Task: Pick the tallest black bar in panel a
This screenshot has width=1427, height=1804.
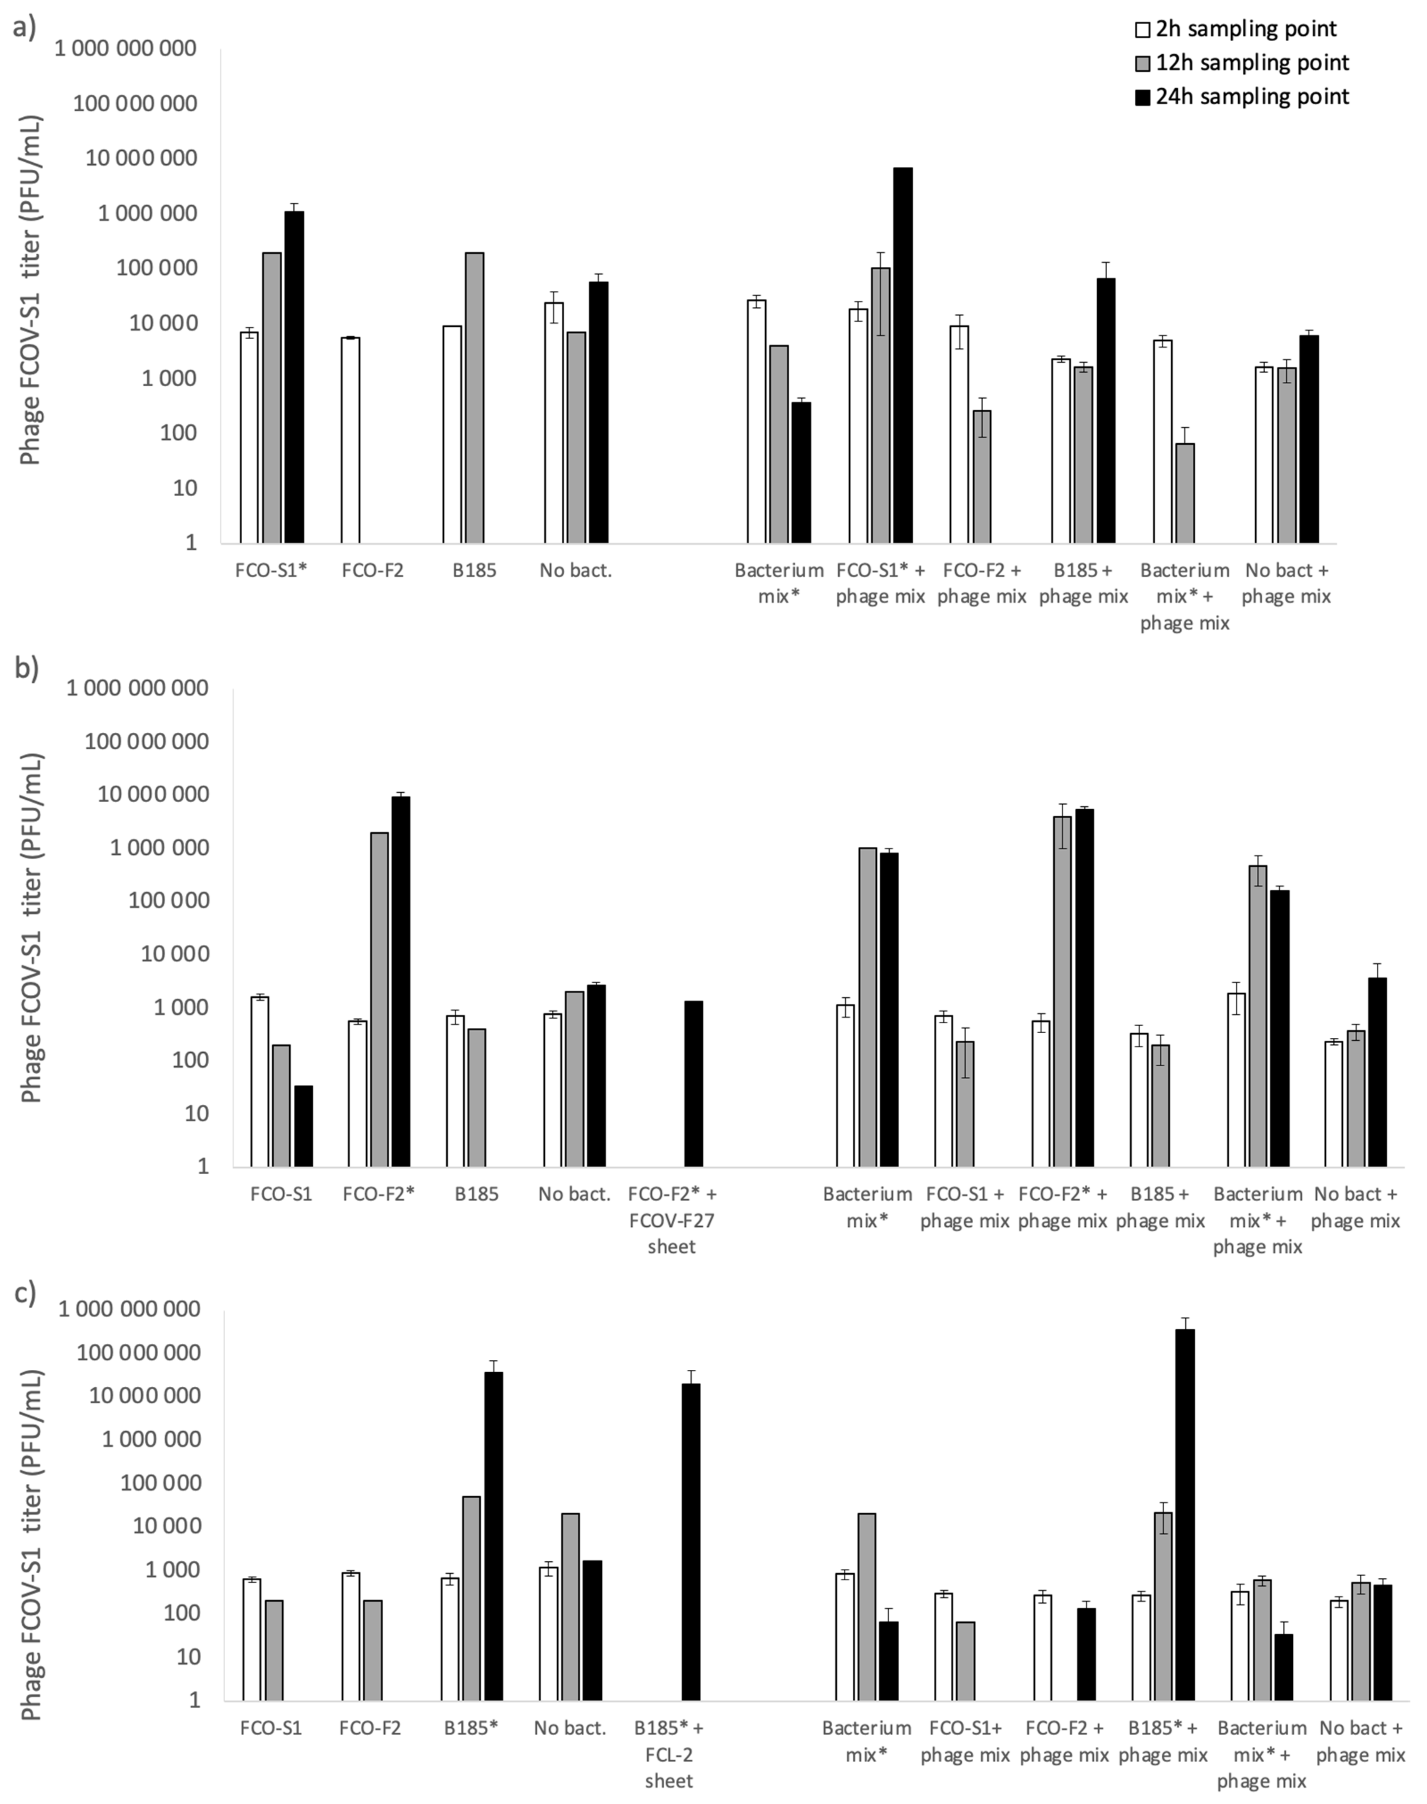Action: tap(902, 355)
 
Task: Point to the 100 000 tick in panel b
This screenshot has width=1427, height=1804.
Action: tap(146, 901)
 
